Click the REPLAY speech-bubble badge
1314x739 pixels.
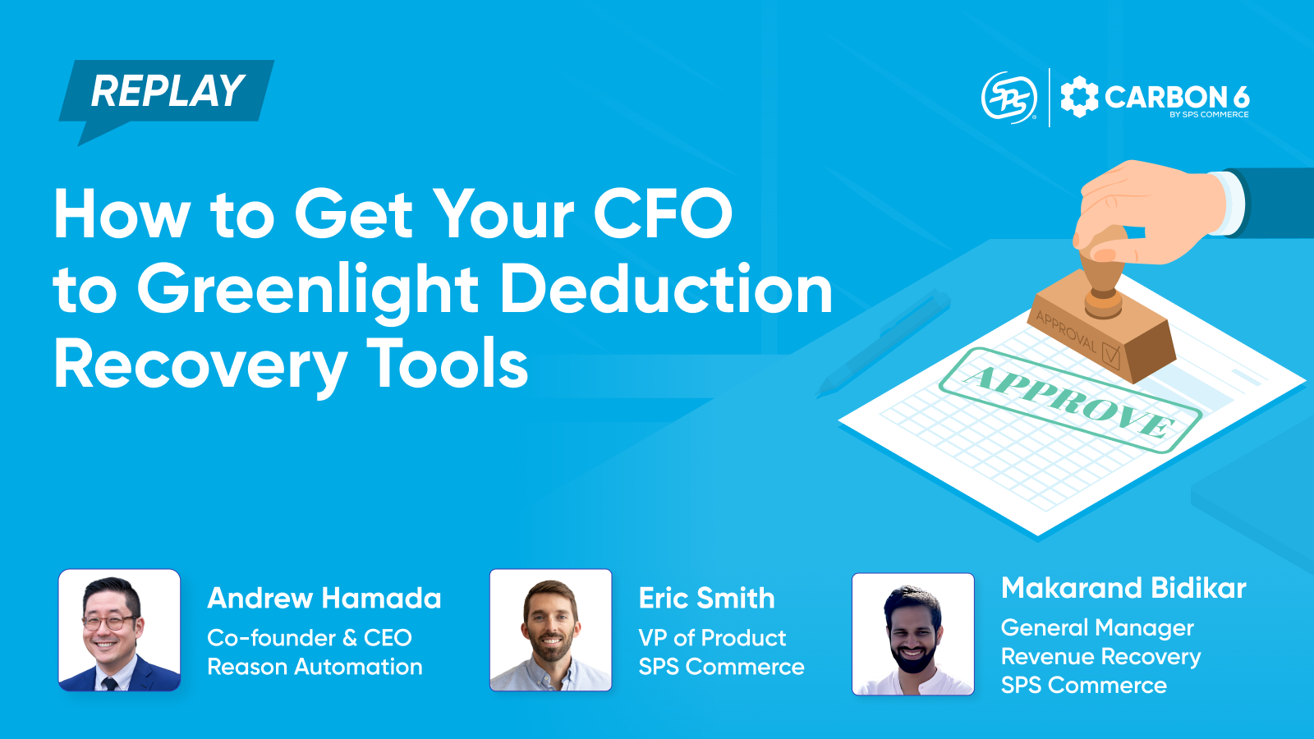167,91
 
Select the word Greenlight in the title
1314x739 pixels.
307,290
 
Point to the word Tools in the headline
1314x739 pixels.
447,365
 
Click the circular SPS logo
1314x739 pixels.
1009,98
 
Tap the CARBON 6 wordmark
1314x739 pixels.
1176,98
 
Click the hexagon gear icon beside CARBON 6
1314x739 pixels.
1079,98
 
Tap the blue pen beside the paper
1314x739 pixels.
883,345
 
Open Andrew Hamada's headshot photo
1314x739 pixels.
120,631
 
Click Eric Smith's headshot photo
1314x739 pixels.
551,631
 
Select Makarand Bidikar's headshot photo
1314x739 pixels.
913,634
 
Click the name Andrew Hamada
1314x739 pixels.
324,599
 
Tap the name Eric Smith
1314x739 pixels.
706,599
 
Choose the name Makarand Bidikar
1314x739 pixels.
1123,588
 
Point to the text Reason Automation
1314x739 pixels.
315,667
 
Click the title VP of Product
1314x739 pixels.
712,638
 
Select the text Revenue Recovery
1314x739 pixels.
1100,657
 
